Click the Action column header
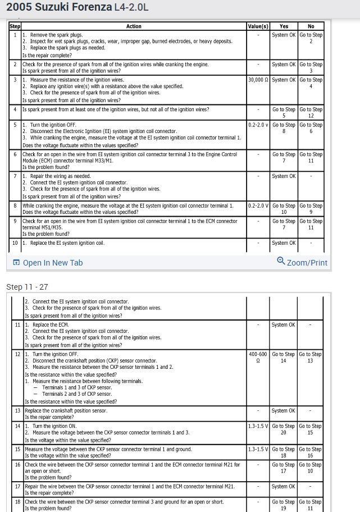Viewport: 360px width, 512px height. click(x=134, y=26)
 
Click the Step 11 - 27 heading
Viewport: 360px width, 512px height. click(x=27, y=287)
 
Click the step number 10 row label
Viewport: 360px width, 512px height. click(x=15, y=243)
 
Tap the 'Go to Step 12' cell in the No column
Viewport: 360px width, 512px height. click(x=311, y=113)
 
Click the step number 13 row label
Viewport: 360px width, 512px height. click(x=17, y=411)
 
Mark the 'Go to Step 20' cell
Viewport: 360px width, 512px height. click(x=283, y=429)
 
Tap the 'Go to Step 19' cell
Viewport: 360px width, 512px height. click(x=283, y=505)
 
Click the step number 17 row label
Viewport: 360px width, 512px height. click(x=17, y=486)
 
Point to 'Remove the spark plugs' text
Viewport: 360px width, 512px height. click(x=56, y=35)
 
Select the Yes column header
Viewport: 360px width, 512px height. click(x=284, y=26)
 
